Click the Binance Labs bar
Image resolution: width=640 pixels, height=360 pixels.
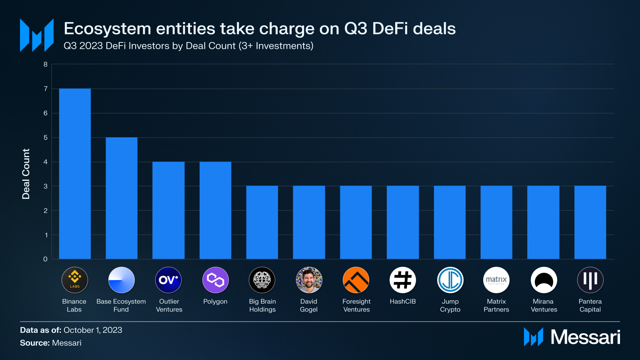75,174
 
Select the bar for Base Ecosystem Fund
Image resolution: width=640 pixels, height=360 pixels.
122,198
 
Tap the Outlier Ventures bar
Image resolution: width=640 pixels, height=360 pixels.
168,210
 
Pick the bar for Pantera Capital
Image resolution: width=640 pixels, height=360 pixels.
590,222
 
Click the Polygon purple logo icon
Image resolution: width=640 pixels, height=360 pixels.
215,280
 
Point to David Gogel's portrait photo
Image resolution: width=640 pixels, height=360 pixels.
309,280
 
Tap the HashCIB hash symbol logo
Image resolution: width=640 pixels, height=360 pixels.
403,280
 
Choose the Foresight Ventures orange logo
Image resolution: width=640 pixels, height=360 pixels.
356,280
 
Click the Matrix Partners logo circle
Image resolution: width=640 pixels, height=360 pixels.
496,280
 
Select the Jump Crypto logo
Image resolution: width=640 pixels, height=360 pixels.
450,280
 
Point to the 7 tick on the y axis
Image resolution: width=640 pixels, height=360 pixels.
46,89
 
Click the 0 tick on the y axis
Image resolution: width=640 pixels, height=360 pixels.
46,259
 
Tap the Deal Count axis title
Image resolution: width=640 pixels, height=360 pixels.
26,174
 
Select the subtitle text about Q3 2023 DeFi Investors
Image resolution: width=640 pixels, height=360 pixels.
188,46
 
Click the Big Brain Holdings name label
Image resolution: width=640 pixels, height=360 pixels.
262,305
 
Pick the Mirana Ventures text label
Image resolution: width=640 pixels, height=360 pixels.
544,305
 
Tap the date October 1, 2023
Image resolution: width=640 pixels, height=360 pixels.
93,330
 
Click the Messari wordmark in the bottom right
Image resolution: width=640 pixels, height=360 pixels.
585,337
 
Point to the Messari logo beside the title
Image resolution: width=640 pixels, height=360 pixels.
37,35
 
